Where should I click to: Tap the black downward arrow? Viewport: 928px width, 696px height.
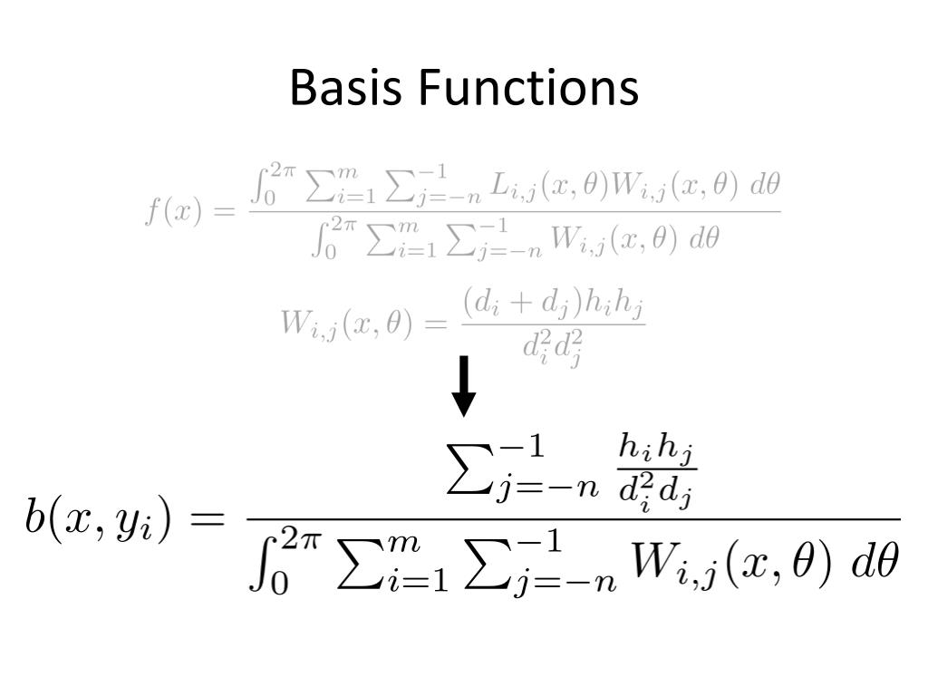464,386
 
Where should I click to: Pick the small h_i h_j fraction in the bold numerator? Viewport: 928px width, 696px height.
656,471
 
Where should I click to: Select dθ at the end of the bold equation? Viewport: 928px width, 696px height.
875,564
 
